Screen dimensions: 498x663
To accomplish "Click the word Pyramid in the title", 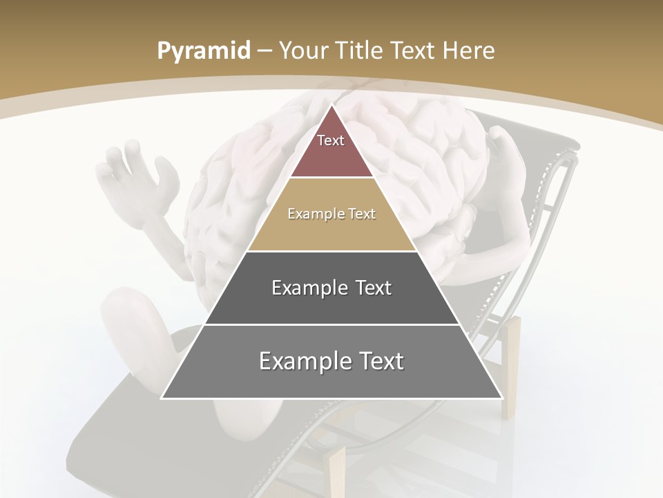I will pos(203,51).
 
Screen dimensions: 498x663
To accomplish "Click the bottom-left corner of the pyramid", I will pos(162,398).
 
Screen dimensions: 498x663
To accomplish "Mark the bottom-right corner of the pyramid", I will pos(501,398).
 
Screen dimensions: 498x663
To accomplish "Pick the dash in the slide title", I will pos(265,51).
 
